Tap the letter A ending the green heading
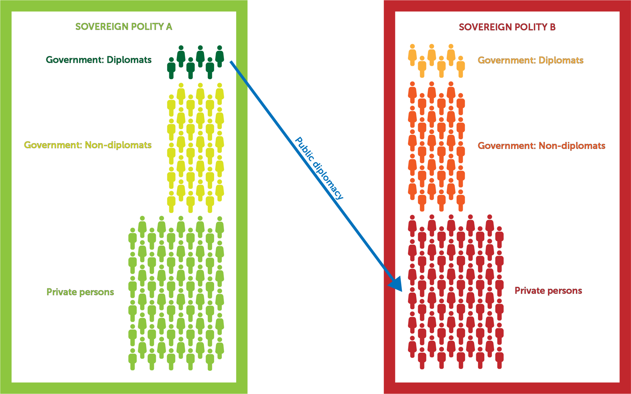tap(169, 26)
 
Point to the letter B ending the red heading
tap(553, 27)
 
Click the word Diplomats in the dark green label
tap(129, 60)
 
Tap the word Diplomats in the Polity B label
tap(561, 61)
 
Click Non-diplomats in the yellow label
tap(118, 145)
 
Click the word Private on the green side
tap(62, 292)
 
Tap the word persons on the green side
tap(97, 292)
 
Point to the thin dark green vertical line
tap(235, 235)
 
